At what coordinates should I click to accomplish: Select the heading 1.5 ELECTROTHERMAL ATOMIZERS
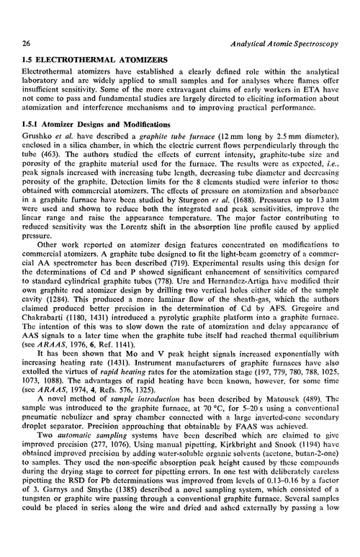(84, 55)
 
